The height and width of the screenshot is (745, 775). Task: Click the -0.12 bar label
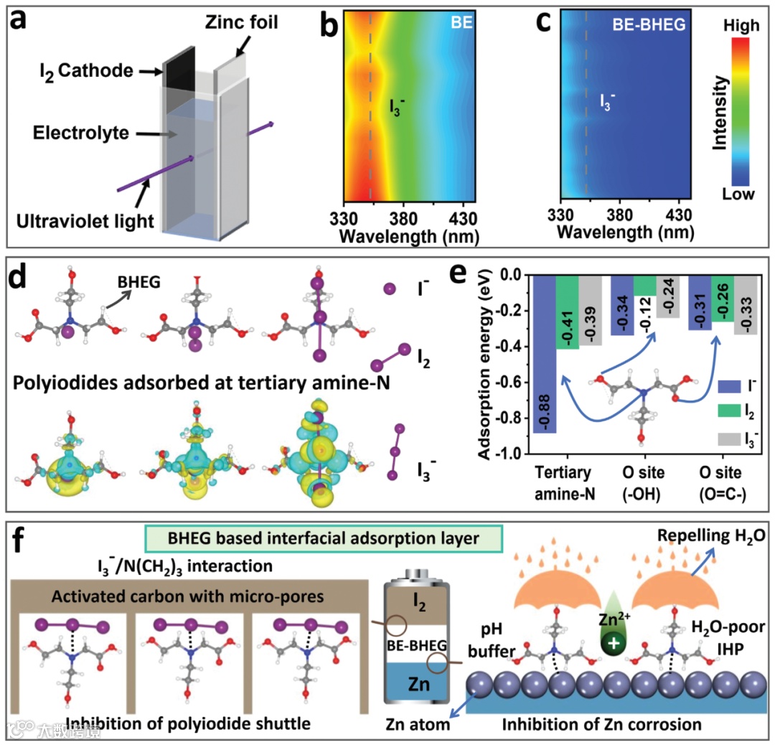point(645,311)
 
